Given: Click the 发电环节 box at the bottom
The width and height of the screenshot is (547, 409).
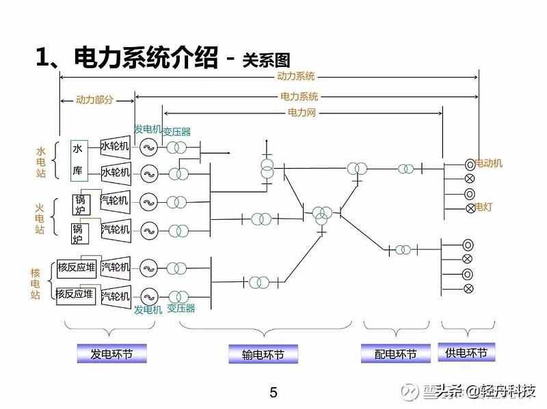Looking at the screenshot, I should tap(110, 354).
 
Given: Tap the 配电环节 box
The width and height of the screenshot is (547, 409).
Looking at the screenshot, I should tap(396, 354).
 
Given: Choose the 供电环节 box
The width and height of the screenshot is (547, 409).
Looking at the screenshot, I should tap(466, 352).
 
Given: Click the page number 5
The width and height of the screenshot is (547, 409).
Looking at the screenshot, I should tap(273, 393).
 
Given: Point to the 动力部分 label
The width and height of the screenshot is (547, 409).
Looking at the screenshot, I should tap(96, 100).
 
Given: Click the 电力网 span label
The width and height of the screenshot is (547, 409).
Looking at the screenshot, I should tap(302, 112).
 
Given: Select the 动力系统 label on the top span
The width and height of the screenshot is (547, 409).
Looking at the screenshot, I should tap(295, 76).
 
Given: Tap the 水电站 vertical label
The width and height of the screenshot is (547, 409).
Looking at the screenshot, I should tap(40, 162).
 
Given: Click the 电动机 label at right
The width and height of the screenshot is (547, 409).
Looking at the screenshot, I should tap(489, 163).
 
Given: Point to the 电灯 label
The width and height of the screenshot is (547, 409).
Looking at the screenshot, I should tap(484, 206).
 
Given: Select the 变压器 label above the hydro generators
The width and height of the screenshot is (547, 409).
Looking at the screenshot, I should tap(176, 131).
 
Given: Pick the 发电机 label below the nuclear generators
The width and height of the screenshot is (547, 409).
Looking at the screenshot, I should tap(148, 310).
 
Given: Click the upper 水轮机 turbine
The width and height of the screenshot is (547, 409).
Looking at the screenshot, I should tap(115, 146).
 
